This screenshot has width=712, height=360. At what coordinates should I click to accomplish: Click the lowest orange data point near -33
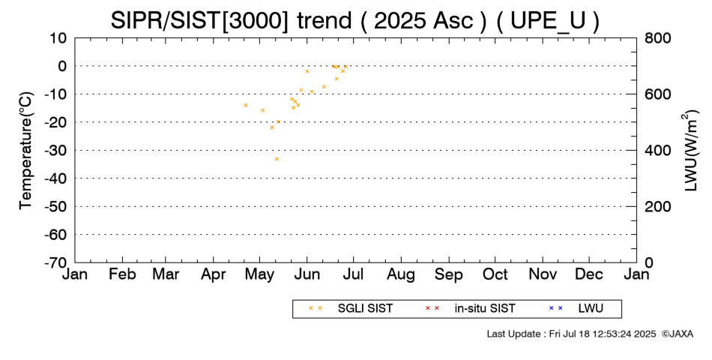277,159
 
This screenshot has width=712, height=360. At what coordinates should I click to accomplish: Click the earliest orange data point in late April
246,105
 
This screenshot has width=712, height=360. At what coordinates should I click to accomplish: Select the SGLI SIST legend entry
350,308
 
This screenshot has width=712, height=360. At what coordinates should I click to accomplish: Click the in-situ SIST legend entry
470,308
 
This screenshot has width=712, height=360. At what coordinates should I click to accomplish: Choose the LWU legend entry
576,308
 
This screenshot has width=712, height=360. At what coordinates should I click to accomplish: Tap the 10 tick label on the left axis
58,37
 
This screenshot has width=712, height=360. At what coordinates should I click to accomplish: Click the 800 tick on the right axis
657,37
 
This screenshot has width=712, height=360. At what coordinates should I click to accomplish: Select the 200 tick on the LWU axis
657,206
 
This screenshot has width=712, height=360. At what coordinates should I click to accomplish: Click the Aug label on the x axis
401,274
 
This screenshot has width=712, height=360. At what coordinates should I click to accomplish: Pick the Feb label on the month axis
123,274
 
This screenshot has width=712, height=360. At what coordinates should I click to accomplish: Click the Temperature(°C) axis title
26,151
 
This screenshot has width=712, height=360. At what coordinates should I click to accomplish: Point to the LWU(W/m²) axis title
690,151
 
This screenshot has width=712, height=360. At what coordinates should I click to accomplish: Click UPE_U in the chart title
548,20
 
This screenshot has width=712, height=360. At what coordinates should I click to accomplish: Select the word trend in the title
324,20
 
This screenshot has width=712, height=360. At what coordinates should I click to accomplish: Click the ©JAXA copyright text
677,334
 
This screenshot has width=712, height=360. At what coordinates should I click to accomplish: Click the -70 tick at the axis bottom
55,262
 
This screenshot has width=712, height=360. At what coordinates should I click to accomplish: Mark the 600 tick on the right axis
657,94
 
